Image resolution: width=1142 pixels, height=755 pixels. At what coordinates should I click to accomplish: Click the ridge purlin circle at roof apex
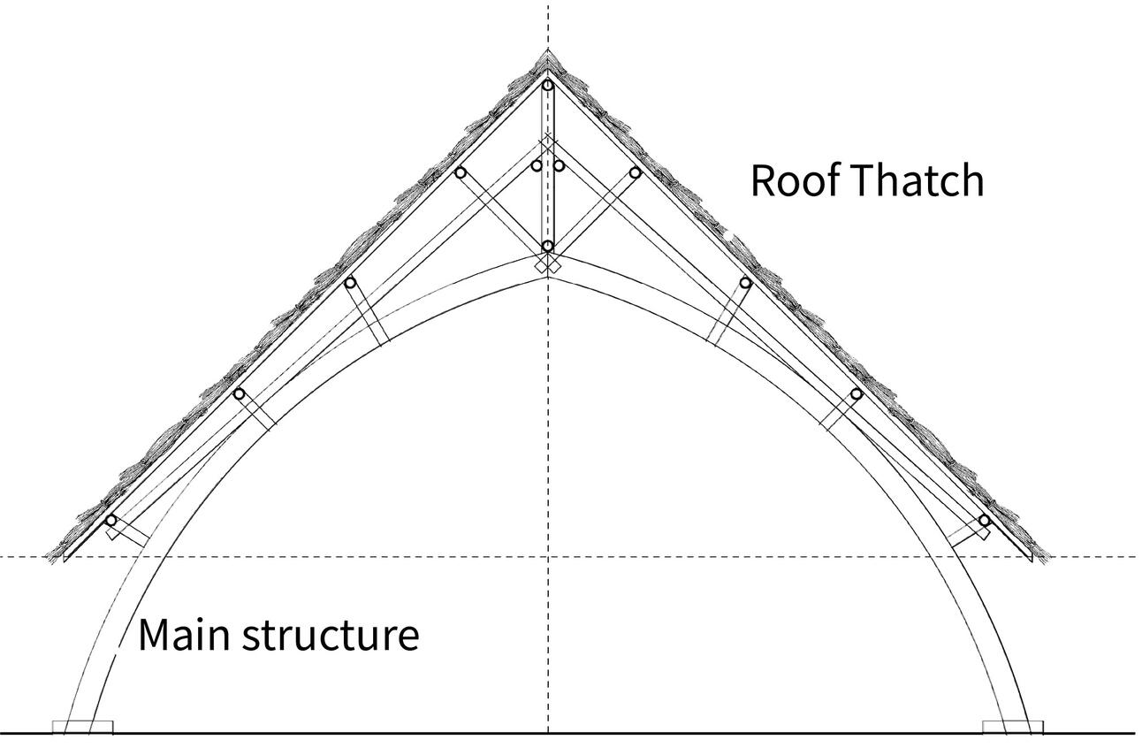click(x=548, y=85)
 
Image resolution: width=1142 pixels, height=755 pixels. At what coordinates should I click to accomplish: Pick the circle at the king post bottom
click(x=548, y=246)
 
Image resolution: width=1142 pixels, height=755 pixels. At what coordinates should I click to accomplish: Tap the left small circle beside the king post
click(x=537, y=165)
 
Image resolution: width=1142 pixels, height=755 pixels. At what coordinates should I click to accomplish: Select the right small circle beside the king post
click(x=559, y=165)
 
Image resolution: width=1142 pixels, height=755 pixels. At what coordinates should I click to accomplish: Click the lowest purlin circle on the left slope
click(x=110, y=520)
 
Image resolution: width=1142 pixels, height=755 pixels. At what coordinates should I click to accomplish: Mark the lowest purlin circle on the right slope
click(x=984, y=520)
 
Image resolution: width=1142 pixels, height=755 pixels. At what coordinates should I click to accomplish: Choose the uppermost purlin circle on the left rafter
click(x=460, y=172)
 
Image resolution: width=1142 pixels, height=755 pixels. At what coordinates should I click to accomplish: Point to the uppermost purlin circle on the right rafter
click(x=635, y=172)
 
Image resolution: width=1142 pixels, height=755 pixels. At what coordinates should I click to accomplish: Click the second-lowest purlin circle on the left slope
click(x=238, y=393)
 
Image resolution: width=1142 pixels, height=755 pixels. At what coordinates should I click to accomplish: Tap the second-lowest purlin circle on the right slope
click(x=856, y=393)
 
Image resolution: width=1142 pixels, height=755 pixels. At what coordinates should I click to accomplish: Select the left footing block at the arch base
click(x=82, y=728)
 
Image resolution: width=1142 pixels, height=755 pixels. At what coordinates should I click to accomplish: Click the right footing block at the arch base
click(x=1013, y=728)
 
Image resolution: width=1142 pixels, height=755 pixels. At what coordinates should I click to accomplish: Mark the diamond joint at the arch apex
click(x=548, y=264)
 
